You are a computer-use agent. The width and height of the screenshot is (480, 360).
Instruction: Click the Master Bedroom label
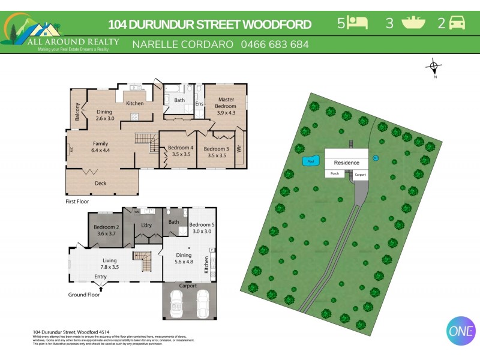pyautogui.click(x=226, y=103)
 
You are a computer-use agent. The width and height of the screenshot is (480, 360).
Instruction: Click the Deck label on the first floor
pyautogui.click(x=101, y=183)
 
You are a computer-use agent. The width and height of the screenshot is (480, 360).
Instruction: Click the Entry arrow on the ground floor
pyautogui.click(x=100, y=289)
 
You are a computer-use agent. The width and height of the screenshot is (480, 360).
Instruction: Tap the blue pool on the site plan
pyautogui.click(x=310, y=161)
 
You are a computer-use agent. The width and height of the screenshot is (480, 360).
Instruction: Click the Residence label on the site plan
pyautogui.click(x=346, y=163)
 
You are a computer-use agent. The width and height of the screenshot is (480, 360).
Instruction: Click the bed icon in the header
pyautogui.click(x=359, y=23)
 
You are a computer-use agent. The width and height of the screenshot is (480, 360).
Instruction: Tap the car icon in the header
pyautogui.click(x=457, y=23)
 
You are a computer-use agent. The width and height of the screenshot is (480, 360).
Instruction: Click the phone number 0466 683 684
pyautogui.click(x=275, y=44)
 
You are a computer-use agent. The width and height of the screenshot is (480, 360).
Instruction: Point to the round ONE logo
pyautogui.click(x=461, y=330)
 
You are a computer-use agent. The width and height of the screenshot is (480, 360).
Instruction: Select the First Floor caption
pyautogui.click(x=77, y=202)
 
